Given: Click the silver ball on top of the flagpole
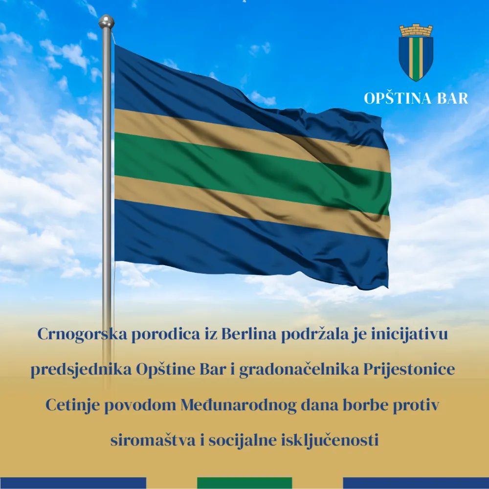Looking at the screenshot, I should pyautogui.click(x=106, y=22).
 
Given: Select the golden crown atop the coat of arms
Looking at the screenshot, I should pyautogui.click(x=416, y=30).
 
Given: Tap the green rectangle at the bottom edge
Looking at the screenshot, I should pyautogui.click(x=244, y=483).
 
